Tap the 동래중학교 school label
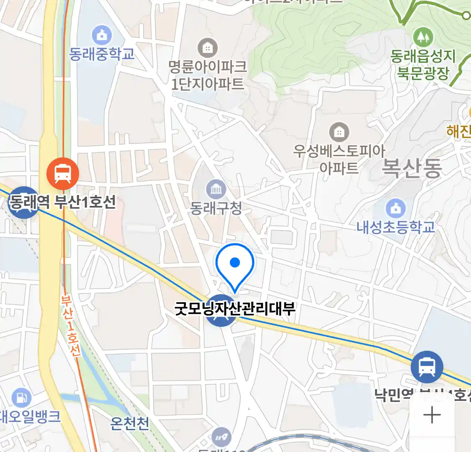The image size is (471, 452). coord(102,54)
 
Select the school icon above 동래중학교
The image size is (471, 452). coord(102,35)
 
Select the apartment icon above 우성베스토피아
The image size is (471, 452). coord(339,133)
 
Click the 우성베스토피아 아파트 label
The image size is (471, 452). coord(339,159)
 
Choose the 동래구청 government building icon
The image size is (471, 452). coord(216,190)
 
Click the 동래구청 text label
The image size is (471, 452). coord(216,208)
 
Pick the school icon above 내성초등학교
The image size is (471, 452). coord(395,208)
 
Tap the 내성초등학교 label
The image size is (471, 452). coord(396,227)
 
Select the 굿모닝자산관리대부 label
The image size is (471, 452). coord(235,309)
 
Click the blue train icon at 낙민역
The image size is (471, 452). coord(427,367)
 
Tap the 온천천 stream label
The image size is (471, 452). coord(130,424)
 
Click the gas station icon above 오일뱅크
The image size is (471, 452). coord(21,398)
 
